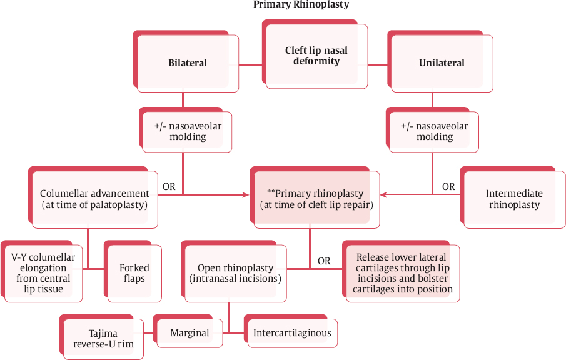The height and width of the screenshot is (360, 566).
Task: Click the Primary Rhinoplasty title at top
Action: pos(301,5)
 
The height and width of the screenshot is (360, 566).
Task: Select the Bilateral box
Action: pos(187,62)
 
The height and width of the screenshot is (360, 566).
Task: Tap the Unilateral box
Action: pos(441,62)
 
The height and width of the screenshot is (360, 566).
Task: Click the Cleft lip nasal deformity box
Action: pos(316,56)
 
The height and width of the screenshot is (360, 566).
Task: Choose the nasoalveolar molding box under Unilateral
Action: pos(434,131)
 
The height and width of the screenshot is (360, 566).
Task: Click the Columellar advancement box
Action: pos(94,199)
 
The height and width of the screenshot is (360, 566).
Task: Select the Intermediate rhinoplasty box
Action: pos(514,199)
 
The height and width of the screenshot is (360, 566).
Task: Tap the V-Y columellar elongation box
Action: pos(43,273)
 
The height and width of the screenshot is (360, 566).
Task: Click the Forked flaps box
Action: pos(134,273)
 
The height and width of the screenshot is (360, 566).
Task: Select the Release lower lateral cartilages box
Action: pos(402,273)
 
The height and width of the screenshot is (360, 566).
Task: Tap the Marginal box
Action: pos(190,332)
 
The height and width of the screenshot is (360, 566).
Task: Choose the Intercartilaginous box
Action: pos(292,332)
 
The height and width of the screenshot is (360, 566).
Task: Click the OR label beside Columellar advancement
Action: pos(169,186)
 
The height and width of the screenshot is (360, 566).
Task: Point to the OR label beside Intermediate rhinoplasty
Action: pos(448,186)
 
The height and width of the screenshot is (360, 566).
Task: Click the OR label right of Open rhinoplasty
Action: pos(324,261)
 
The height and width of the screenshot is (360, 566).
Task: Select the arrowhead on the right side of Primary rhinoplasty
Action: pos(383,195)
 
